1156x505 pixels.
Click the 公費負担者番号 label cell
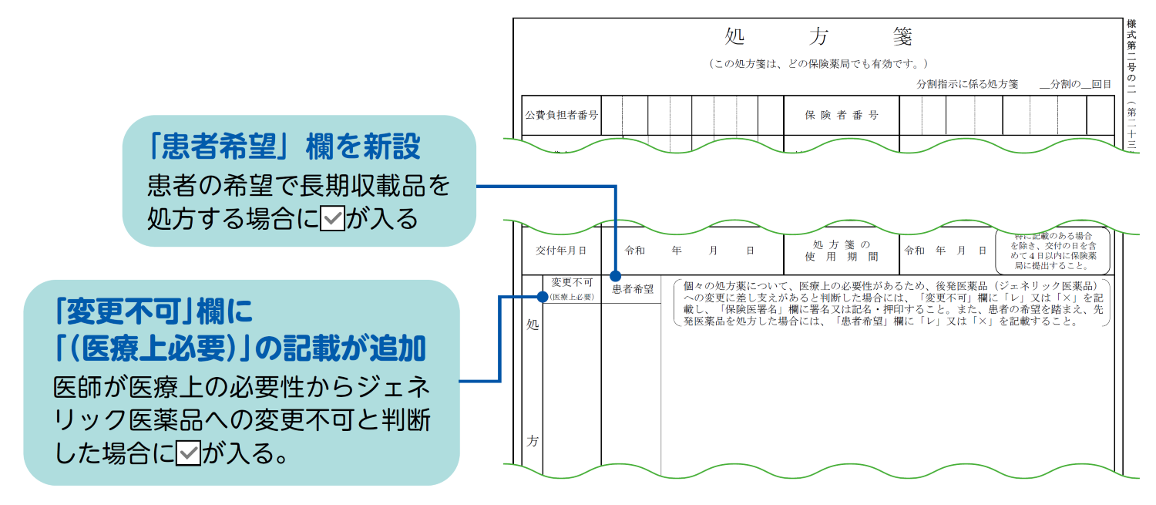pos(561,115)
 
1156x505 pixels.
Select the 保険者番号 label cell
pos(842,115)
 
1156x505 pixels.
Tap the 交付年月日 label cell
pos(561,251)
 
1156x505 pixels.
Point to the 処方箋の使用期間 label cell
pos(842,251)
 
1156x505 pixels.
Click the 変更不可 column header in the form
pos(572,283)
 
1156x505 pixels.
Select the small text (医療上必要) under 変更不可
pos(572,296)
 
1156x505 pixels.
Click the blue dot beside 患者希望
pos(615,275)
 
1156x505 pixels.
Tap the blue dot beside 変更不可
pos(543,296)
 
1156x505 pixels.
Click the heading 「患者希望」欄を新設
pos(286,146)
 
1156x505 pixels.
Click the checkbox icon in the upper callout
pos(331,219)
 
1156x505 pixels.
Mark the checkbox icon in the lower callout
pos(188,454)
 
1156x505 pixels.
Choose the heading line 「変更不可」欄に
pos(154,312)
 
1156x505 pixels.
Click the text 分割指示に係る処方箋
pos(967,84)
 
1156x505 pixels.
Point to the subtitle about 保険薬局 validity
pos(818,64)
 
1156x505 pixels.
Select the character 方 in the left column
pos(532,442)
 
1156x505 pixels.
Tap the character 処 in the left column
pos(532,325)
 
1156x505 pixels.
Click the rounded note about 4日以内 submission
pos(1052,251)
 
